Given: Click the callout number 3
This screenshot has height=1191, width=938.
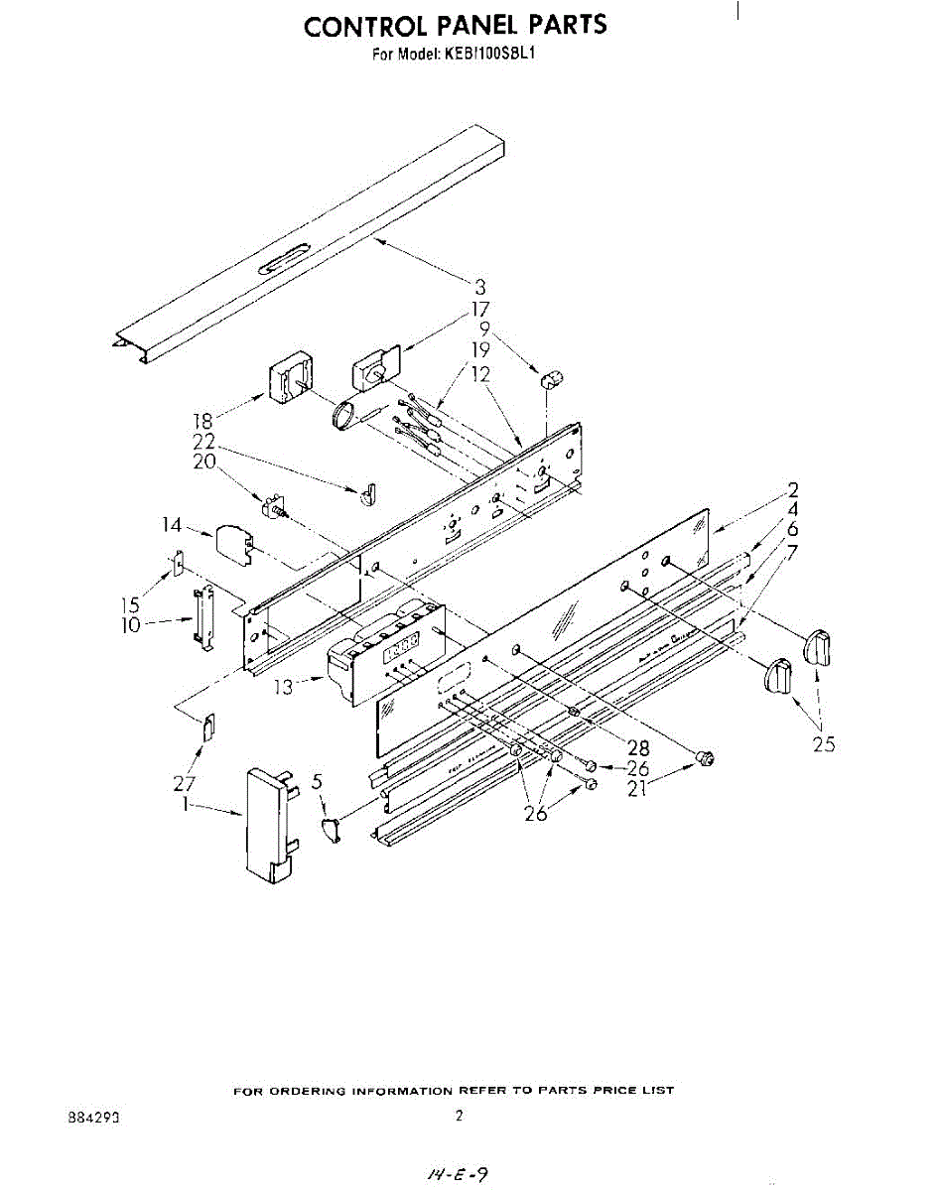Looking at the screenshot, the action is [x=480, y=289].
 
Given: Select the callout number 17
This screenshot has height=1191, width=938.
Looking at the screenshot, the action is [x=480, y=309].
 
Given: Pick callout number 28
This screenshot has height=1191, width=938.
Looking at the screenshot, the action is [x=637, y=748].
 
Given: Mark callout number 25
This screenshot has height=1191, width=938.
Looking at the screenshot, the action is [x=823, y=742].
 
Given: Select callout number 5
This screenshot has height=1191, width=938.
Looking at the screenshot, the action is [x=317, y=783].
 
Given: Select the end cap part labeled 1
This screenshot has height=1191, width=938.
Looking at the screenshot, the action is [x=269, y=823].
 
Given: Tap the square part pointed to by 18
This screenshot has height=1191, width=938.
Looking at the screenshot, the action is [x=291, y=380].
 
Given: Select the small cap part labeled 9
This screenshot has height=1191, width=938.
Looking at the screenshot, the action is [x=551, y=378].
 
